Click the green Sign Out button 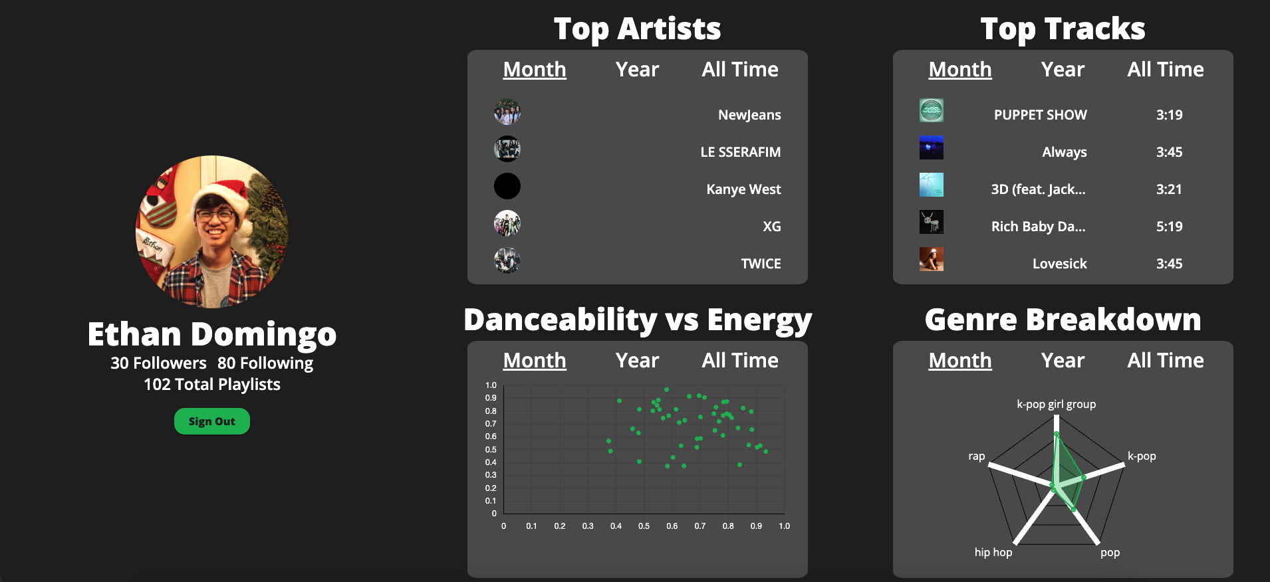(x=211, y=421)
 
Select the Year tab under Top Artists (x=637, y=70)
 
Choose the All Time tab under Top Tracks (x=1165, y=70)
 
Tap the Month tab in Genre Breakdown (x=959, y=361)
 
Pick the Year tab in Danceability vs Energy (x=637, y=361)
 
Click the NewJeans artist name (x=749, y=115)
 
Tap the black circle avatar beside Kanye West (x=507, y=186)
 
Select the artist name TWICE (x=761, y=264)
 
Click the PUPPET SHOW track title (x=1040, y=115)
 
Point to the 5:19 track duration (x=1169, y=227)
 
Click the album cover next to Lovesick (x=931, y=259)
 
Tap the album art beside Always (x=931, y=147)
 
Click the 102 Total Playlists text (x=212, y=385)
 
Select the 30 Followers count (x=158, y=363)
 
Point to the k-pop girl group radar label (x=1056, y=404)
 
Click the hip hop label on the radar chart (x=993, y=552)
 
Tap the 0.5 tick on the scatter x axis (x=644, y=526)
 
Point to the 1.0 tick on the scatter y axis (x=491, y=385)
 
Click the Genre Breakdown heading (x=1063, y=320)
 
